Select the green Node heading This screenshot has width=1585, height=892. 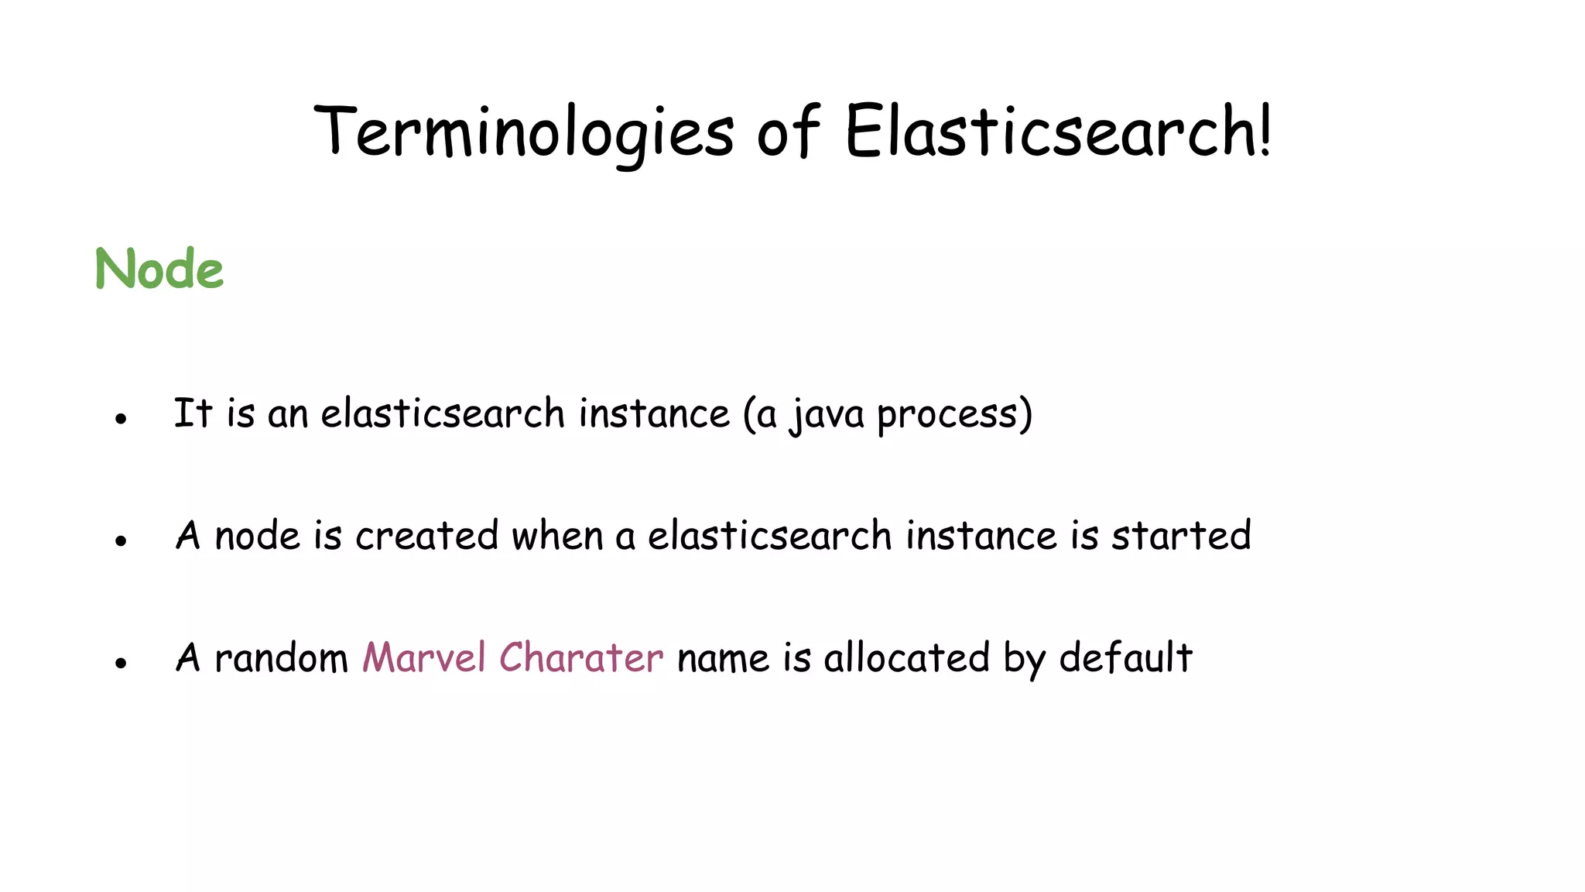point(159,269)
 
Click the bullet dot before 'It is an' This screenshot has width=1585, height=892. point(121,419)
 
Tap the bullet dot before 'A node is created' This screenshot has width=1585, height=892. point(121,541)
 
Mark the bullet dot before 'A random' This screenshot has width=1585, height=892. point(121,663)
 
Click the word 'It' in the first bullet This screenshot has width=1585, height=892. point(193,413)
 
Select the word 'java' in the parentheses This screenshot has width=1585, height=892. point(827,415)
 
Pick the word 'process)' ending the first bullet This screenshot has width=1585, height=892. point(954,415)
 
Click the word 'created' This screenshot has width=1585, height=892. point(426,536)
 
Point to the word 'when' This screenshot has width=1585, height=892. point(557,536)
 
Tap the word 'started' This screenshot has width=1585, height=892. point(1181,536)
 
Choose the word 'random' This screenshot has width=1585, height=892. point(281,658)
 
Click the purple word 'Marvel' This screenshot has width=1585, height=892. point(424,658)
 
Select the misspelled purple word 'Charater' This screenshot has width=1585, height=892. point(580,658)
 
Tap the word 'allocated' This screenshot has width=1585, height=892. point(906,658)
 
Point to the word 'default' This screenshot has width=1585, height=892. point(1125,658)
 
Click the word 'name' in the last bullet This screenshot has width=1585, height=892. point(723,658)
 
